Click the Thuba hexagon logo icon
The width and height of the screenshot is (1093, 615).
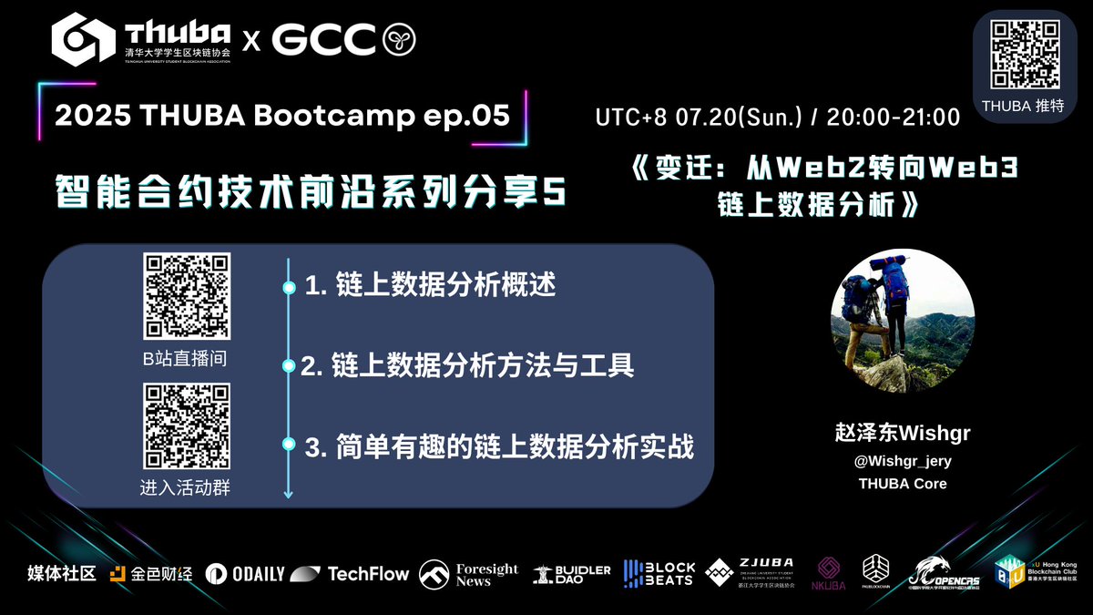[x=84, y=38]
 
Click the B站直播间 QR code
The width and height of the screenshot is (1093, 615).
[x=186, y=297]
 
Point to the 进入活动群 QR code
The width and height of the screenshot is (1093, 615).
[x=186, y=425]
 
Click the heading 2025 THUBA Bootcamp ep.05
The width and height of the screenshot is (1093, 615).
[x=283, y=116]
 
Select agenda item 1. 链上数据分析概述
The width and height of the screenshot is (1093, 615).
[x=430, y=286]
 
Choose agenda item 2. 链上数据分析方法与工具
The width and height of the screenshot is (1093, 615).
[x=467, y=366]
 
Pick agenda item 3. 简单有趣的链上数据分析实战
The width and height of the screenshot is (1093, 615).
[x=499, y=446]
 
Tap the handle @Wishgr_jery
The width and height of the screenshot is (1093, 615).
[x=903, y=461]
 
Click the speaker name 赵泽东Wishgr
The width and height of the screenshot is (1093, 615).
[x=903, y=433]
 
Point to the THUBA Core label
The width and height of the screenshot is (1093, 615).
[x=903, y=484]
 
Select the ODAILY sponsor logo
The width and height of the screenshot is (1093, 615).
[x=244, y=574]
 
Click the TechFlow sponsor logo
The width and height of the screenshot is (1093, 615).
[x=351, y=574]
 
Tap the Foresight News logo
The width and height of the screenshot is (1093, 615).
[x=469, y=574]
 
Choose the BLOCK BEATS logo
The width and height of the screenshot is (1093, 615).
[x=659, y=574]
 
